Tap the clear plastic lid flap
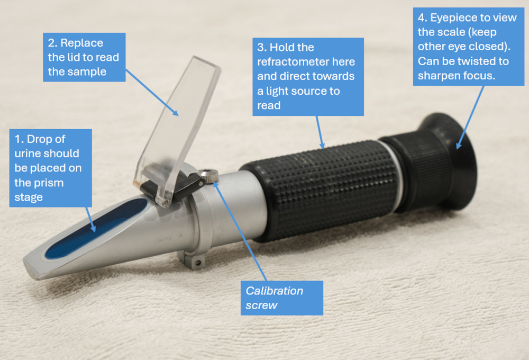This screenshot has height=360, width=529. [x=178, y=130]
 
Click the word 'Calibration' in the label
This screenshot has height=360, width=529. [x=274, y=291]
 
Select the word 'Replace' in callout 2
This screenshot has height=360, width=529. [x=81, y=43]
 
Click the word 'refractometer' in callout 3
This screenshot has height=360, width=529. [x=306, y=62]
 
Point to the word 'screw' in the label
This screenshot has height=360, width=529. [x=261, y=305]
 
